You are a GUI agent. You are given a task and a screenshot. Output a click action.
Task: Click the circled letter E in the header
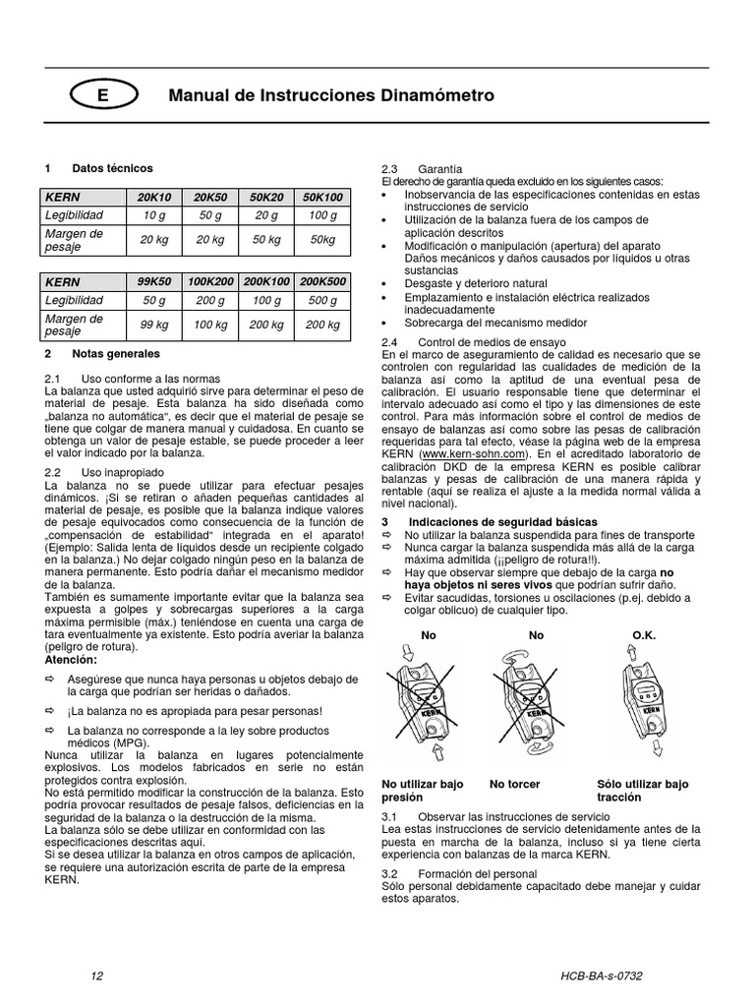click(x=102, y=96)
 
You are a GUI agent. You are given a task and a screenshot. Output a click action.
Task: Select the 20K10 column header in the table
click(x=154, y=198)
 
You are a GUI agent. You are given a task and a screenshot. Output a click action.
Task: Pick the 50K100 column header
click(x=322, y=198)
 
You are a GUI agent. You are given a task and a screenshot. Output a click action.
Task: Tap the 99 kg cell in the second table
click(x=154, y=325)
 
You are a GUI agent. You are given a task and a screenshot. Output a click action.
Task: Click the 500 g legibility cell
click(x=322, y=300)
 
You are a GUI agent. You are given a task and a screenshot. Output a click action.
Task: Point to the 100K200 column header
click(x=210, y=281)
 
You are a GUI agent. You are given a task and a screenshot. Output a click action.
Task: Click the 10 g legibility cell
click(x=154, y=215)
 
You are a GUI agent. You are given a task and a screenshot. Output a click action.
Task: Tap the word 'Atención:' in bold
click(x=72, y=660)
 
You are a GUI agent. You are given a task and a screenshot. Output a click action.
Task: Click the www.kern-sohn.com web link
click(x=471, y=455)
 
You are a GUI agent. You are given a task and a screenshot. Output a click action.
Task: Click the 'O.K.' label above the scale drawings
click(x=644, y=635)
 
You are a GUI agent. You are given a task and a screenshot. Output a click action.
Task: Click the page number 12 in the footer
click(x=95, y=976)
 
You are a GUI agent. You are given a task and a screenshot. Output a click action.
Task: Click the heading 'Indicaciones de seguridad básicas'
click(x=501, y=522)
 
